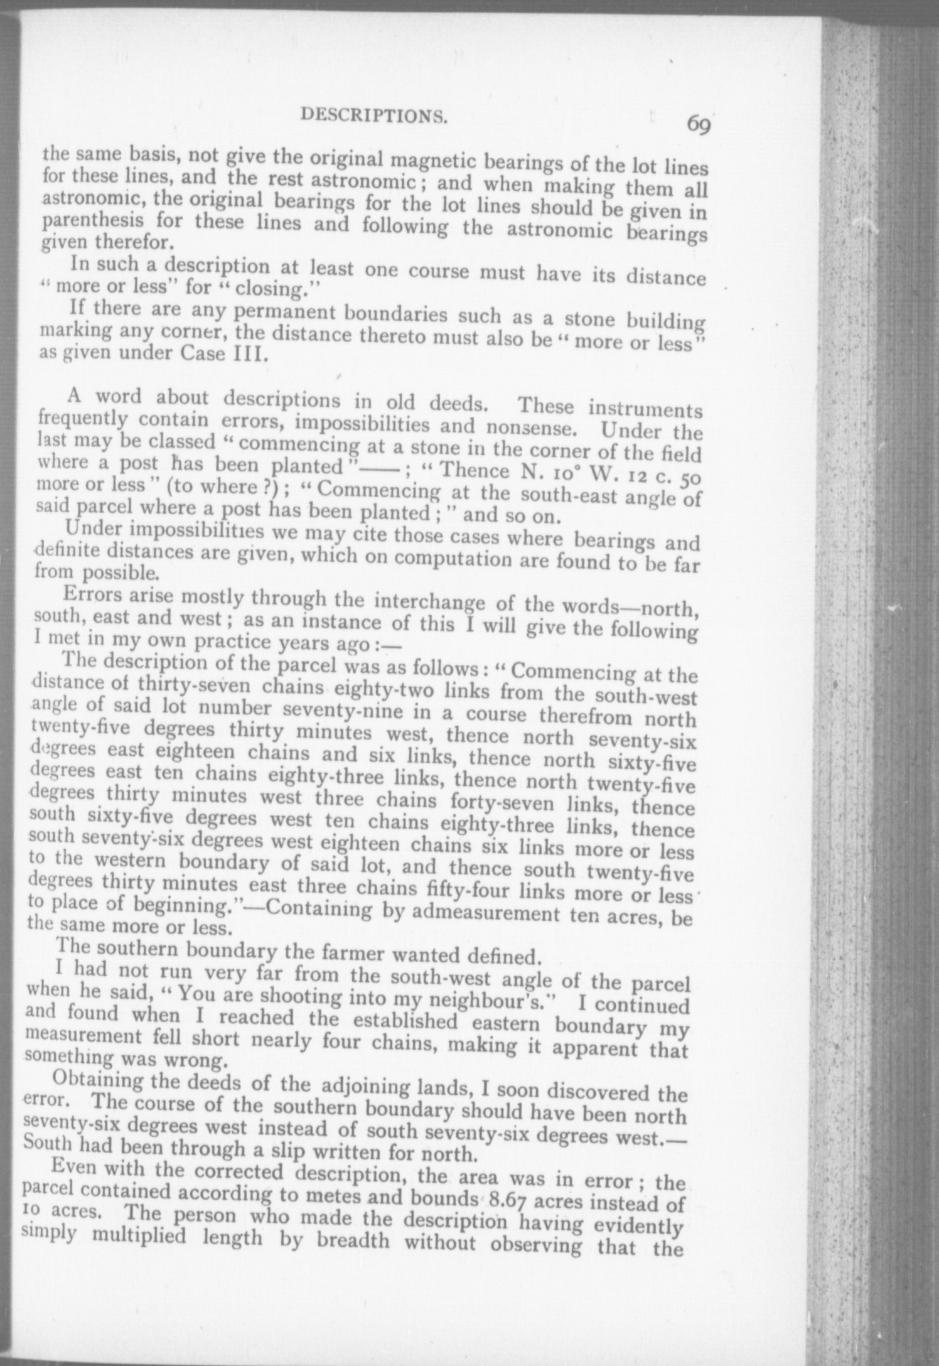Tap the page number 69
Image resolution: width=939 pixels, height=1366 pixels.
[698, 124]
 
